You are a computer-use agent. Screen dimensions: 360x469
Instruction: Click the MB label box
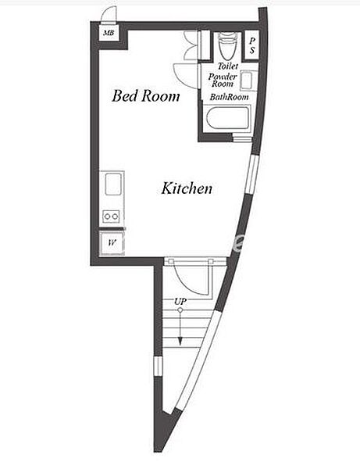pyautogui.click(x=109, y=33)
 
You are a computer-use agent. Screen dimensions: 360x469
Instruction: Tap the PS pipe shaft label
pyautogui.click(x=252, y=45)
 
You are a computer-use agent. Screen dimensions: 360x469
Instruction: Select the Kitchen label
pyautogui.click(x=187, y=188)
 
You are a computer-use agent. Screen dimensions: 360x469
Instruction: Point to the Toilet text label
pyautogui.click(x=228, y=66)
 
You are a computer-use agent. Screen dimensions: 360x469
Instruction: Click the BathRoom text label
pyautogui.click(x=229, y=97)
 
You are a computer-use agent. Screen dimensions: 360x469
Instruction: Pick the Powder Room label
pyautogui.click(x=223, y=81)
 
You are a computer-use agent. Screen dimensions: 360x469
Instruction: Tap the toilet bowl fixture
pyautogui.click(x=228, y=45)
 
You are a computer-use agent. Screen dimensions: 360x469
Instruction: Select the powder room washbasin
pyautogui.click(x=248, y=81)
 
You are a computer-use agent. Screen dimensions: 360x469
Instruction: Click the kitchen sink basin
pyautogui.click(x=113, y=184)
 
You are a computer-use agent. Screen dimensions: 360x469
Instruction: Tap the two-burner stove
pyautogui.click(x=111, y=216)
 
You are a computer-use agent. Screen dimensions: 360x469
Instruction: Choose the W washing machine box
pyautogui.click(x=112, y=243)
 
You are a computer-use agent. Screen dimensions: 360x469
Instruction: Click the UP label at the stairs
pyautogui.click(x=180, y=302)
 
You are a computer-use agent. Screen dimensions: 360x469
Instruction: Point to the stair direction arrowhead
pyautogui.click(x=180, y=341)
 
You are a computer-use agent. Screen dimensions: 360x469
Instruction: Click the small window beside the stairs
pyautogui.click(x=158, y=367)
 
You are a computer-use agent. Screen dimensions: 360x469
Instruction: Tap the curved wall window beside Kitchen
pyautogui.click(x=251, y=174)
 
